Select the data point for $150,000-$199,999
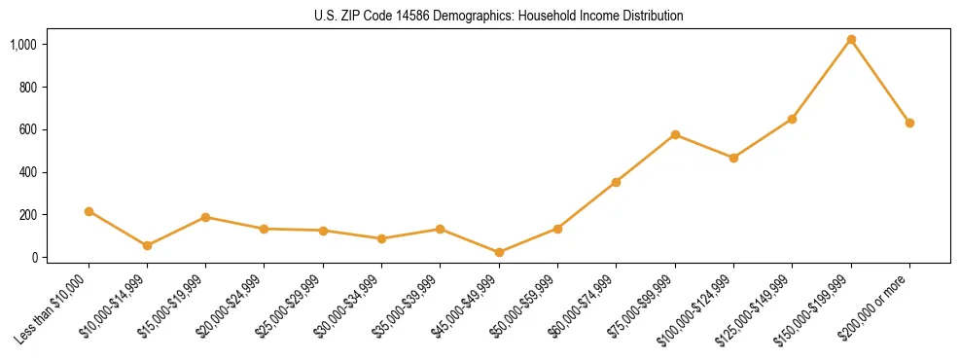pyautogui.click(x=851, y=40)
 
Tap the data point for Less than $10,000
pyautogui.click(x=89, y=211)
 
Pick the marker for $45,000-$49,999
pyautogui.click(x=499, y=252)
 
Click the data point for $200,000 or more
pyautogui.click(x=909, y=123)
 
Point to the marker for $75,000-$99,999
pyautogui.click(x=675, y=134)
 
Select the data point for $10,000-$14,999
pyautogui.click(x=147, y=245)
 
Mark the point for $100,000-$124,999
pyautogui.click(x=733, y=158)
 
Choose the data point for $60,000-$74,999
pyautogui.click(x=616, y=182)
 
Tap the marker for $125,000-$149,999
pyautogui.click(x=792, y=119)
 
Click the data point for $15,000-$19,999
pyautogui.click(x=205, y=217)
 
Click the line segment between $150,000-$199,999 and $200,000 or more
pyautogui.click(x=880, y=82)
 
